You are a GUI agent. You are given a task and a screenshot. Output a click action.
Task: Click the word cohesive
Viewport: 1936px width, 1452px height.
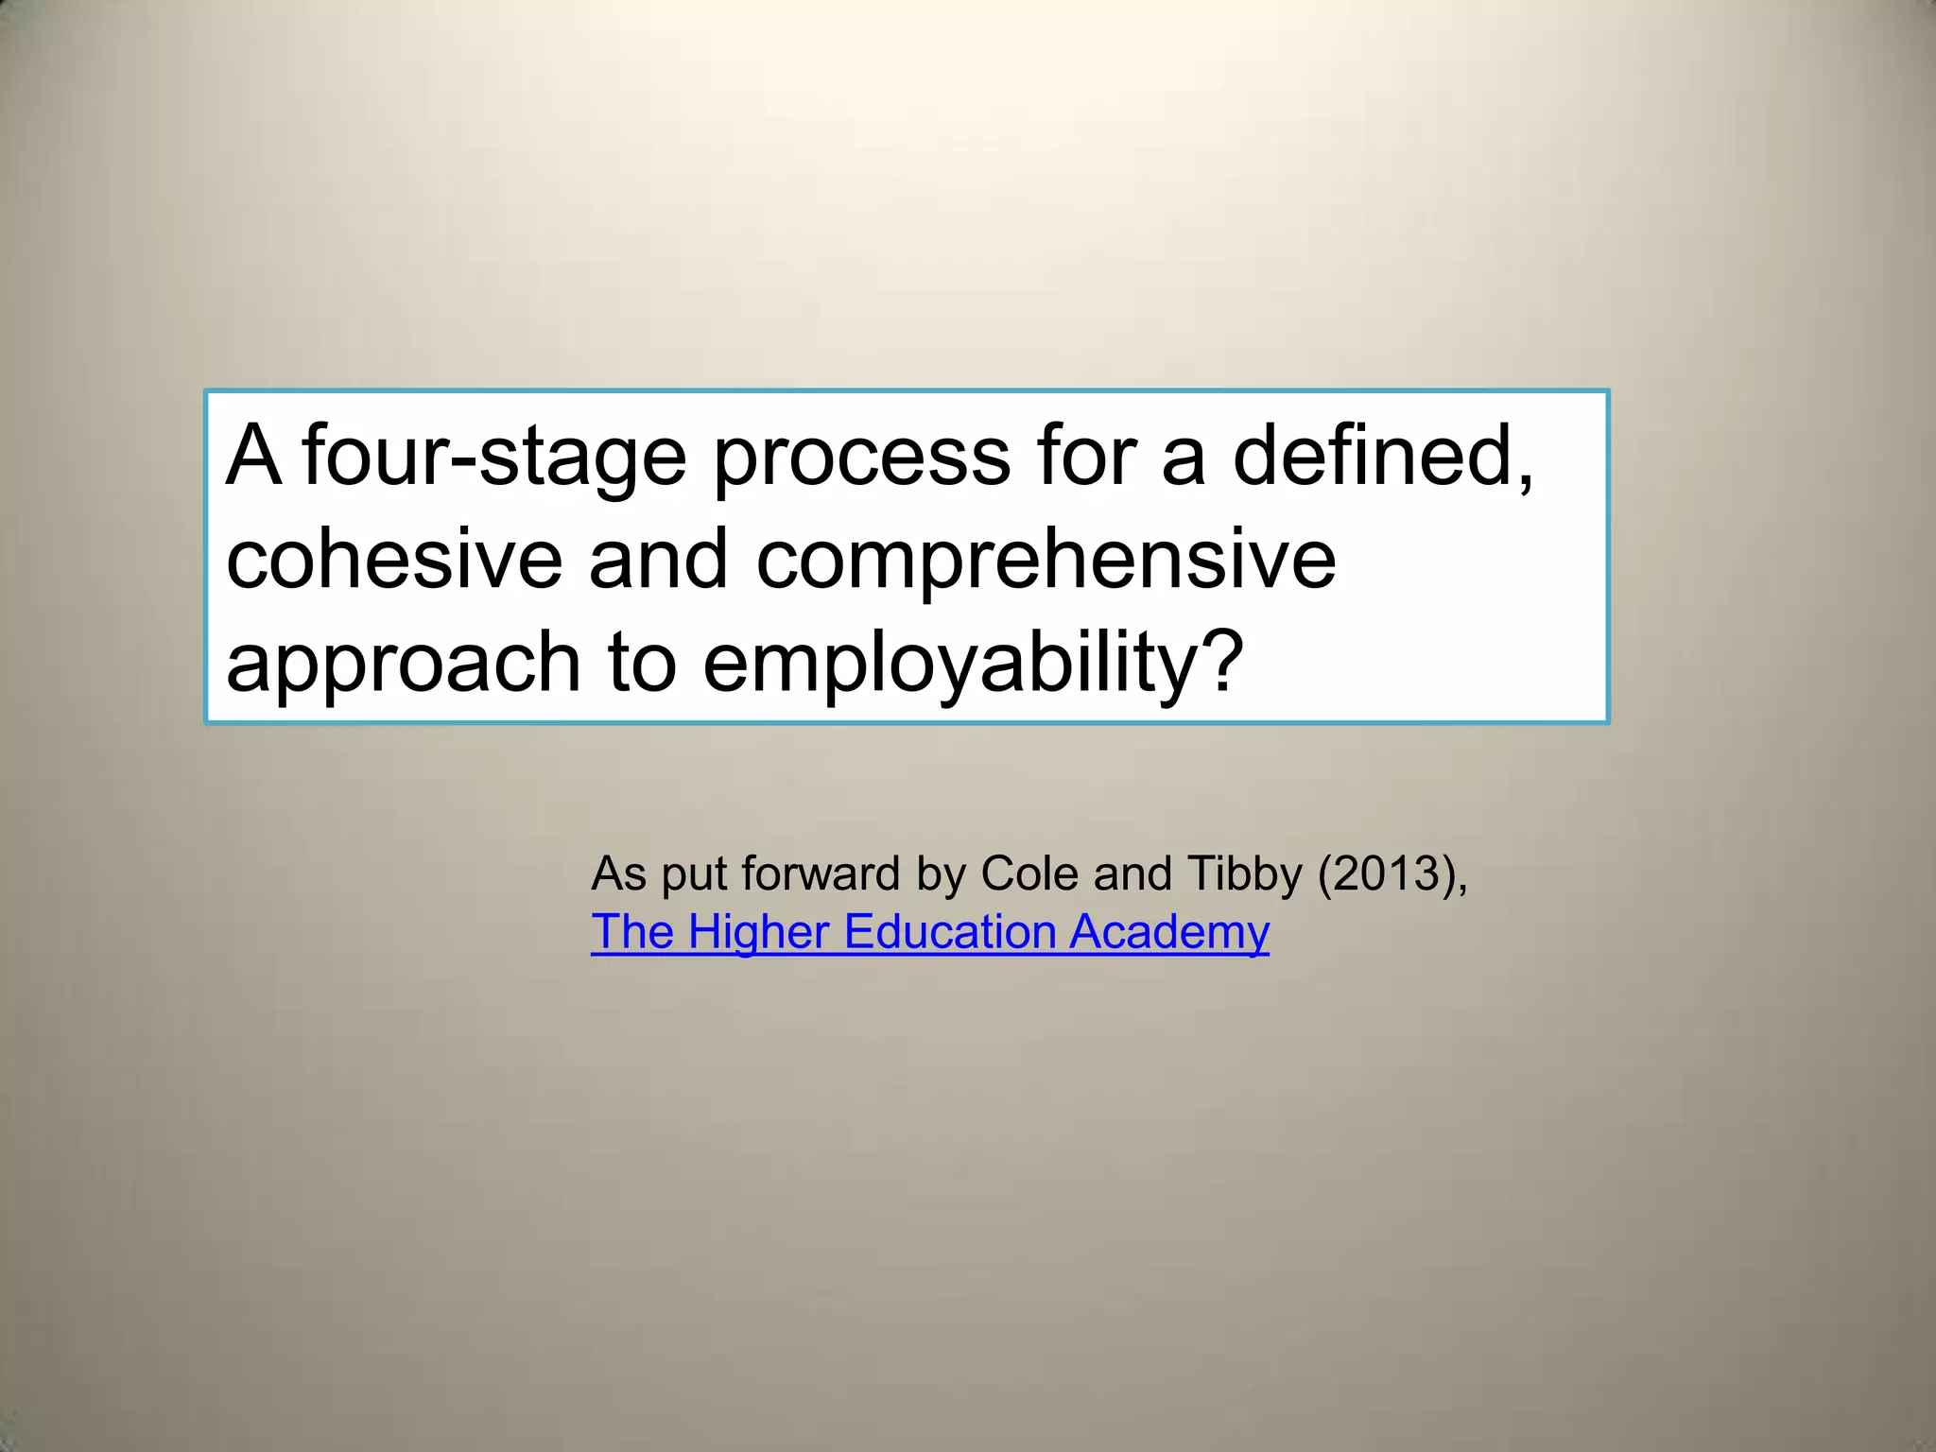pos(394,559)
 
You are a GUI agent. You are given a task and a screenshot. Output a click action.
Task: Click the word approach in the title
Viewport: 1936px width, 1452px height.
pos(403,663)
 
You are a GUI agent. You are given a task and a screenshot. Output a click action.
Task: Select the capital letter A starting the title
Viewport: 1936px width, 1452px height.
pos(253,456)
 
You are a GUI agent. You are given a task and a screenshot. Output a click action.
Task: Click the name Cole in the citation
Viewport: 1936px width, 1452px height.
pos(1028,873)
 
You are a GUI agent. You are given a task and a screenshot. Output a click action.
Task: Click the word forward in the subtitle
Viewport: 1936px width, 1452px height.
pos(820,873)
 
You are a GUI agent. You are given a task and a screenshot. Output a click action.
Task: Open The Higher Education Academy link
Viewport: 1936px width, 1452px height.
pos(929,932)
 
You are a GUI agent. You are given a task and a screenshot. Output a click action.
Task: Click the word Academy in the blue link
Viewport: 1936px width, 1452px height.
pos(1168,932)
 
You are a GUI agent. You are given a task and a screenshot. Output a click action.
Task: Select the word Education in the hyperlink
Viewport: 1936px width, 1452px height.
pos(949,932)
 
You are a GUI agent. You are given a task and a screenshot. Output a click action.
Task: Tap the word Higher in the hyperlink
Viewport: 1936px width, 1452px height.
pos(758,932)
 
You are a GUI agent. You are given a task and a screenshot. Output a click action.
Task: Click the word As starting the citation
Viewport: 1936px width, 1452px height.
pos(618,873)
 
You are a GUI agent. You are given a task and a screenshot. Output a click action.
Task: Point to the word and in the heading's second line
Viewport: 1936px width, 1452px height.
pos(658,559)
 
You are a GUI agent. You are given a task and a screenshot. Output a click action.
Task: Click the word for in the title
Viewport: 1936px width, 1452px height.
pos(1086,456)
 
